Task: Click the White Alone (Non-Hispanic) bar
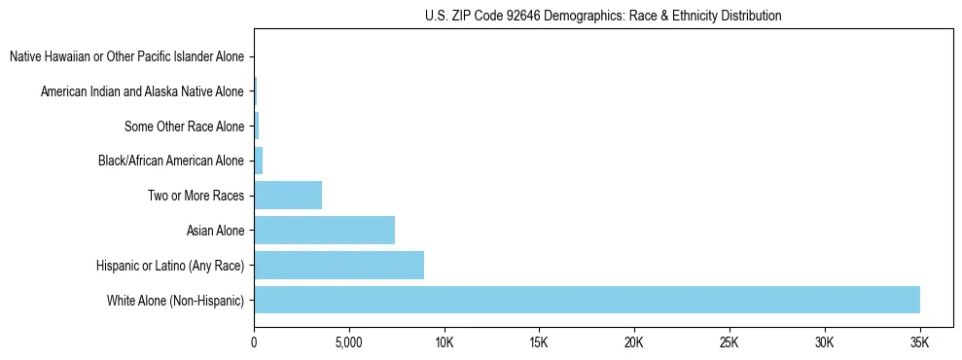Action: pos(587,300)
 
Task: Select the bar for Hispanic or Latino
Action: pos(338,265)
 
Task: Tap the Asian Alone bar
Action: pos(324,230)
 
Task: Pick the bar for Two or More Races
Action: pos(288,195)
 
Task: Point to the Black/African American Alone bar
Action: pos(259,161)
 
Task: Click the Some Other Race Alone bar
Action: pos(257,126)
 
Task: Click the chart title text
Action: pos(603,16)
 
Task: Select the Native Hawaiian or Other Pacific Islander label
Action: pos(126,56)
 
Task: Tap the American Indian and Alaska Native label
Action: pos(142,91)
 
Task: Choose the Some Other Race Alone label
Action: pos(184,126)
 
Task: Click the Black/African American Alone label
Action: pos(171,161)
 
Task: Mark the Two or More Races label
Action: pos(196,196)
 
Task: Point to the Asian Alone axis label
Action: pos(215,231)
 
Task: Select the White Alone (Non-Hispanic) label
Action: pos(176,300)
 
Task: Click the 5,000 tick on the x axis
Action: pos(348,342)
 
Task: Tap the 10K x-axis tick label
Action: pos(444,342)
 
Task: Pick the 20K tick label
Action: pos(634,342)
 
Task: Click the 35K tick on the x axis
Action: pos(919,342)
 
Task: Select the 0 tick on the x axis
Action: pos(254,342)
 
